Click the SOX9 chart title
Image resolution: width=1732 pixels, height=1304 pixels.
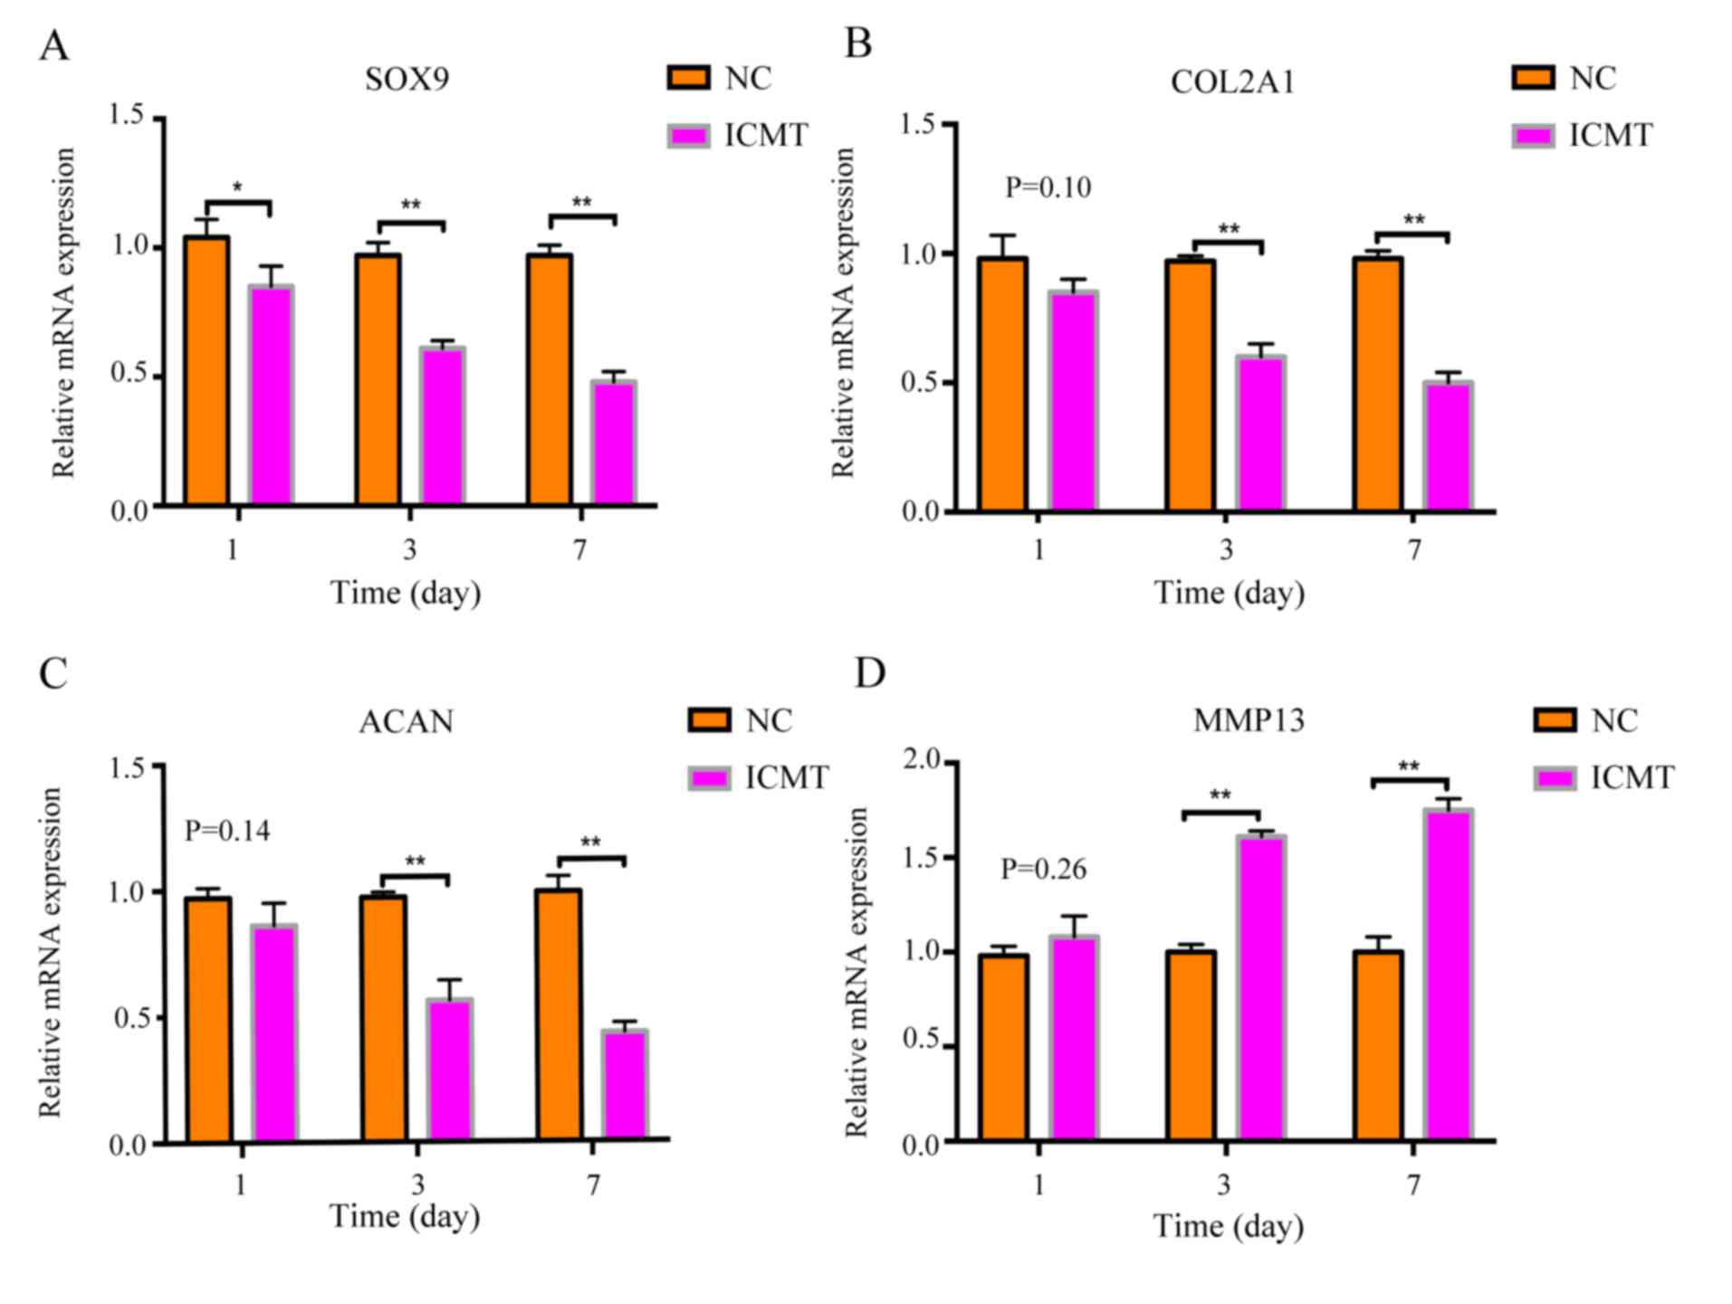tap(407, 80)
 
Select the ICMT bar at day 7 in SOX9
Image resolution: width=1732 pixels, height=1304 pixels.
tap(614, 443)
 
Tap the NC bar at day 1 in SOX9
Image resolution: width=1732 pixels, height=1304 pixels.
tap(206, 370)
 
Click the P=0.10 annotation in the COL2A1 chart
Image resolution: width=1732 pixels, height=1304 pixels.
tap(1048, 188)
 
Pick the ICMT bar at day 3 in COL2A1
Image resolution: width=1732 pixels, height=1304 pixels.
tap(1261, 433)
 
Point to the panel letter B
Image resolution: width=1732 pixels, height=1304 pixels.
tap(858, 43)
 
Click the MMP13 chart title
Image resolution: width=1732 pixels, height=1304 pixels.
tap(1249, 720)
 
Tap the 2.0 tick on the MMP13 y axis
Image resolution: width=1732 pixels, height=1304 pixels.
tap(922, 761)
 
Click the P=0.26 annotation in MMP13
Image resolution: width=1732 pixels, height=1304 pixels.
tap(1043, 870)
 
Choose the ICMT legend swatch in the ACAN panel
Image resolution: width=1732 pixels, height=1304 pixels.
tap(710, 778)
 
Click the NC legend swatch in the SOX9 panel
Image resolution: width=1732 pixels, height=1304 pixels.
tap(688, 78)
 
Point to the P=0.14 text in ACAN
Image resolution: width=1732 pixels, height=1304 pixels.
tap(227, 831)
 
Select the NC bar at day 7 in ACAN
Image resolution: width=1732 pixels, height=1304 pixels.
tap(559, 1015)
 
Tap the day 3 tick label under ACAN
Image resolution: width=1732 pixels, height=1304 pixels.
tap(417, 1185)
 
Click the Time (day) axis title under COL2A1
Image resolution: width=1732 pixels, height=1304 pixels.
tap(1229, 594)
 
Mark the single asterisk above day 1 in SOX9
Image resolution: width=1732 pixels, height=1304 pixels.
tap(237, 188)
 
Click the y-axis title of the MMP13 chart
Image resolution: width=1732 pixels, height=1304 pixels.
tap(856, 973)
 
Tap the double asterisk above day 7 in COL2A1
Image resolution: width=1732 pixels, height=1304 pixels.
tap(1413, 221)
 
